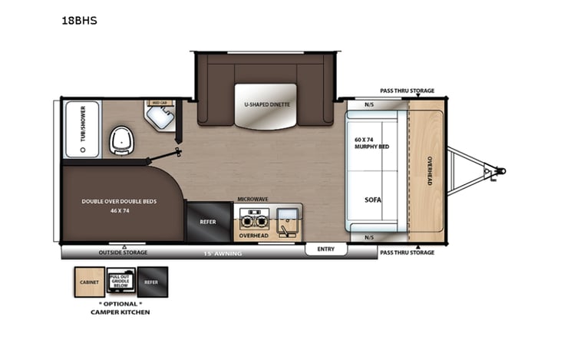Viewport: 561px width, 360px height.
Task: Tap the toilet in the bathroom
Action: click(x=120, y=140)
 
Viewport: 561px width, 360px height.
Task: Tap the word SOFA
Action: click(x=373, y=200)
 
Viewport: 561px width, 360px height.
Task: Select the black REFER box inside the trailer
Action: click(x=207, y=222)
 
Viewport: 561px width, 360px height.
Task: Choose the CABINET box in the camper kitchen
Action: click(x=88, y=282)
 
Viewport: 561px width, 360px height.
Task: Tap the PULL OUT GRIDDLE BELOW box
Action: click(x=120, y=281)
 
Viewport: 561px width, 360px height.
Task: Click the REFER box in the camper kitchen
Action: click(x=152, y=282)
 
